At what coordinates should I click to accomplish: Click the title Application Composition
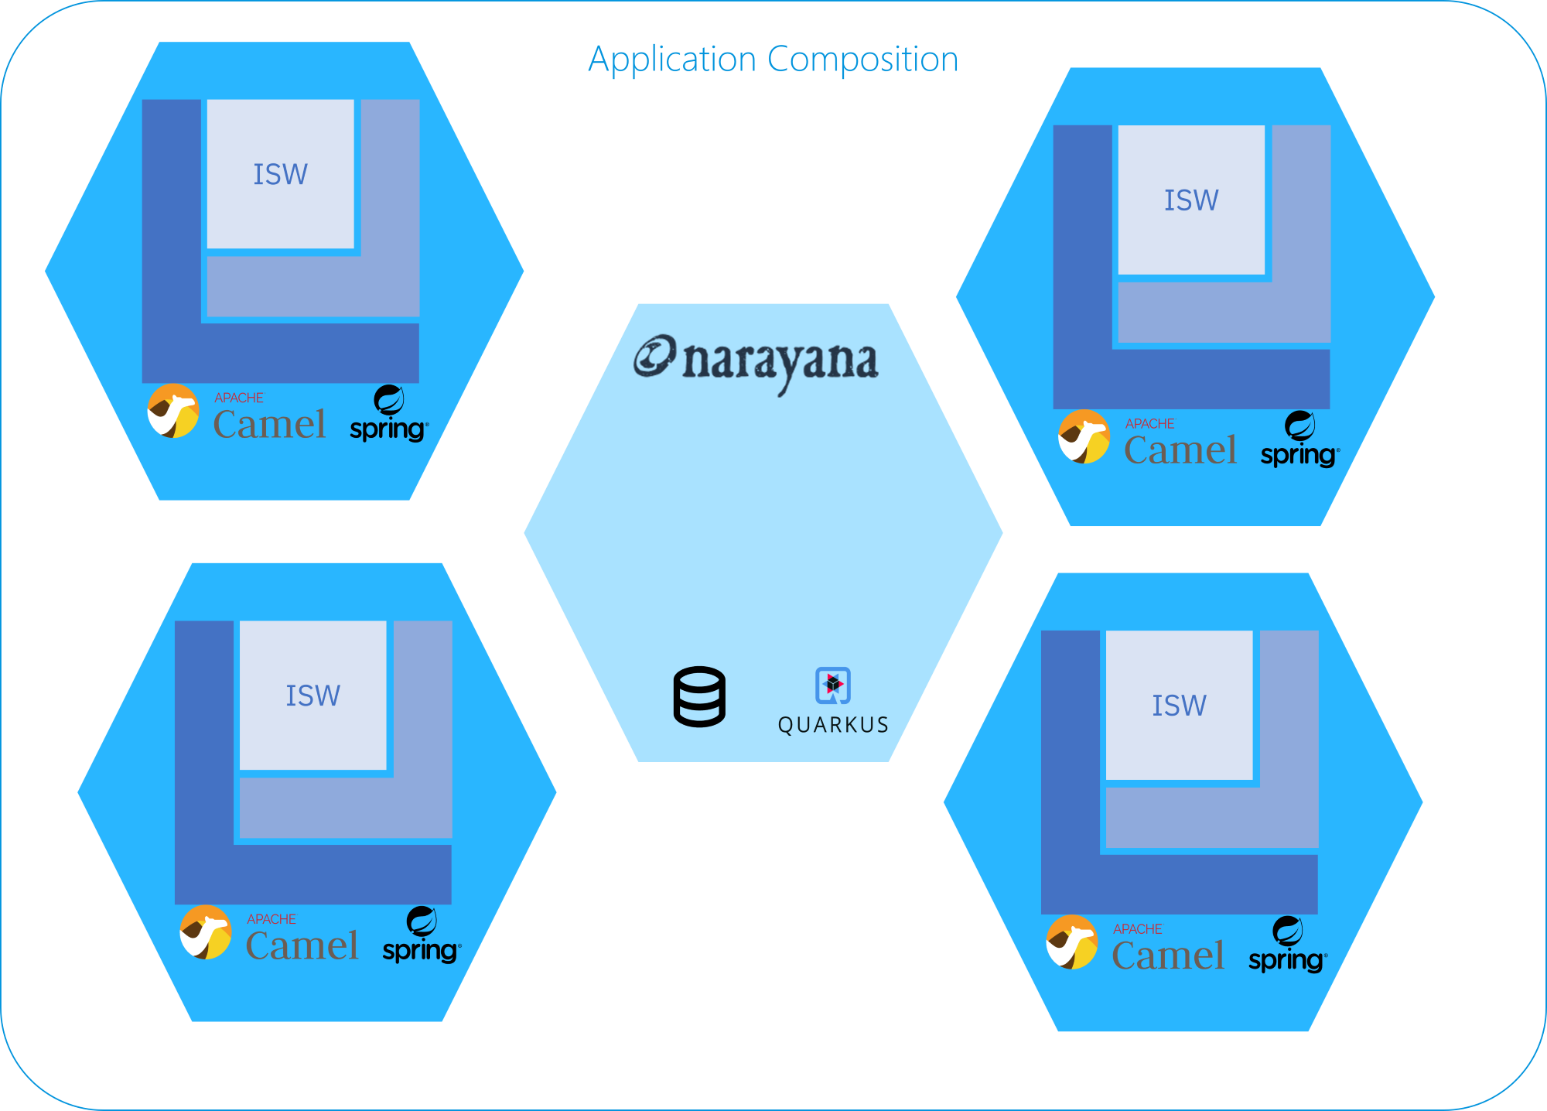[x=773, y=60]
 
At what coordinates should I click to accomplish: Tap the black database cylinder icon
[x=699, y=696]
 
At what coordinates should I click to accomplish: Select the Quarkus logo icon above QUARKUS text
[x=833, y=685]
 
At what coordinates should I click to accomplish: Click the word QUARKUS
[x=833, y=725]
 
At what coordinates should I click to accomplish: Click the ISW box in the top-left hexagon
[x=280, y=174]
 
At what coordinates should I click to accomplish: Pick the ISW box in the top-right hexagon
[x=1191, y=200]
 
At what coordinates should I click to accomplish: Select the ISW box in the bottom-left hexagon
[x=312, y=696]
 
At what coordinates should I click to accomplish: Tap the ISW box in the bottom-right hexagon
[x=1179, y=706]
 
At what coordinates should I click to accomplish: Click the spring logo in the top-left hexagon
[x=388, y=415]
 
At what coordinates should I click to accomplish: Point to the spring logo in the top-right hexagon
[x=1299, y=442]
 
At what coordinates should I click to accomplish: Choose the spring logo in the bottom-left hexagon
[x=421, y=937]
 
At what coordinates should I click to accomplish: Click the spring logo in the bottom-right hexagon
[x=1287, y=947]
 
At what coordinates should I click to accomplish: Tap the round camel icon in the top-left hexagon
[x=173, y=411]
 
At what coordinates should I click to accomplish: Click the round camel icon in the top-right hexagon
[x=1084, y=437]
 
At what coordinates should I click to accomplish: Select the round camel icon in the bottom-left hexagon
[x=206, y=932]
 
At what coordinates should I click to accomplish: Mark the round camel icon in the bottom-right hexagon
[x=1072, y=942]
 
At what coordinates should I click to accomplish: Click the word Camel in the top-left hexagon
[x=269, y=425]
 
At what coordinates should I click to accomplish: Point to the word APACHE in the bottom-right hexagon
[x=1137, y=929]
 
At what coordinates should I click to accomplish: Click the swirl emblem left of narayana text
[x=654, y=357]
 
